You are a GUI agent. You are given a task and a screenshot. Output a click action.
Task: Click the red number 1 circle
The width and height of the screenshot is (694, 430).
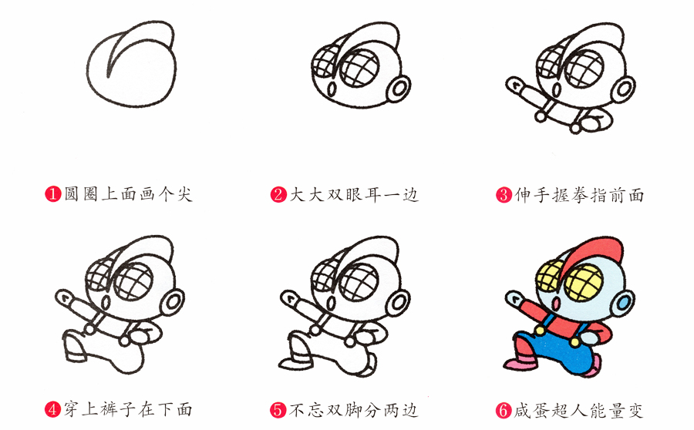pyautogui.click(x=52, y=194)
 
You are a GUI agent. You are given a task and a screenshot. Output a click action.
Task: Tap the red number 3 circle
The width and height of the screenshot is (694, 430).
pyautogui.click(x=504, y=195)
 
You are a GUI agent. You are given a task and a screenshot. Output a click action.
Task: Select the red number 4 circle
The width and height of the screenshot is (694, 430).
pyautogui.click(x=52, y=409)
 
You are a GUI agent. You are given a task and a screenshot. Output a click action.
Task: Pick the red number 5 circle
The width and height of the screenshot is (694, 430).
pyautogui.click(x=278, y=410)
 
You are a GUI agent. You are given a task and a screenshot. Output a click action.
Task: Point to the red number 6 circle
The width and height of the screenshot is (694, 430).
pyautogui.click(x=504, y=410)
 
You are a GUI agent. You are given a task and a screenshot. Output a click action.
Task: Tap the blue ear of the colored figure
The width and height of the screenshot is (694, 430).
pyautogui.click(x=623, y=304)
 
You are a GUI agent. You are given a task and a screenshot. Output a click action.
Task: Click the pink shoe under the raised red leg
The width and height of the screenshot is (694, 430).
pyautogui.click(x=518, y=364)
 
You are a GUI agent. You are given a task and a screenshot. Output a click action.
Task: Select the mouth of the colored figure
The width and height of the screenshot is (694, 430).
pyautogui.click(x=556, y=303)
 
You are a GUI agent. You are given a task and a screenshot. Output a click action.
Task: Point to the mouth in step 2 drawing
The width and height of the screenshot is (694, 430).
pyautogui.click(x=331, y=89)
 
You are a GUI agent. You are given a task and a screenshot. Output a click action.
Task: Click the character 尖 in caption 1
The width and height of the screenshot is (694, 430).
pyautogui.click(x=184, y=194)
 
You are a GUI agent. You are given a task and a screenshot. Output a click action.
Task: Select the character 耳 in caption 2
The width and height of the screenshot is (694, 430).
pyautogui.click(x=373, y=195)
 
